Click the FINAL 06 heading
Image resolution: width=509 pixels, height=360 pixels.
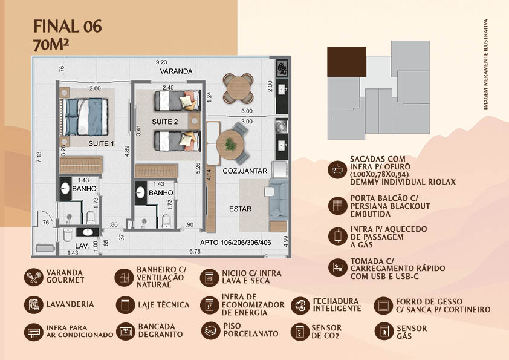point(68,26)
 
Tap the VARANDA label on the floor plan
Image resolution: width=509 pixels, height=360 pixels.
point(177,71)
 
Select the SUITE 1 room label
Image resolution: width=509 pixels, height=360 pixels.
point(101,143)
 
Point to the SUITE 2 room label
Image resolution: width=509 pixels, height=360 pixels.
point(165,122)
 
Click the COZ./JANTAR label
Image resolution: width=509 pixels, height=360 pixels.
point(245,171)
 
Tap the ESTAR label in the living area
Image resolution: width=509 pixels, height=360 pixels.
point(240,209)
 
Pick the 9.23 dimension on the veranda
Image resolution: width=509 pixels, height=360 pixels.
point(161,62)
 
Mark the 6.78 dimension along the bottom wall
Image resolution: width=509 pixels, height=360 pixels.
point(195,251)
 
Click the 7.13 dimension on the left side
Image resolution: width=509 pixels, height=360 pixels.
point(39,157)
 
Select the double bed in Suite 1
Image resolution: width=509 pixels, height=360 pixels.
point(84,117)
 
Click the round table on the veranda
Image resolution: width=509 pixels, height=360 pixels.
point(238,88)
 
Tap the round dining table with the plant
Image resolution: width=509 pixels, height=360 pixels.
point(230,144)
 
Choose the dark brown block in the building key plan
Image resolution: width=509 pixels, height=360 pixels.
point(347,62)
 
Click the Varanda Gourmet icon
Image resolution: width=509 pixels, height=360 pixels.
point(34,277)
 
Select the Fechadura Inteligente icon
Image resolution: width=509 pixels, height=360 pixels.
point(300,305)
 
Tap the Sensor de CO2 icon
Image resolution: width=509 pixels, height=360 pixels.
point(300,332)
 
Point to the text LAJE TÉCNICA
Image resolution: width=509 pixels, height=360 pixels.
point(164,305)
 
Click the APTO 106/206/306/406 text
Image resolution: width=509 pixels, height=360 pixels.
point(236,243)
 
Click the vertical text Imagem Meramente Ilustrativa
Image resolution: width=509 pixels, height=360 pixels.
point(485,64)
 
